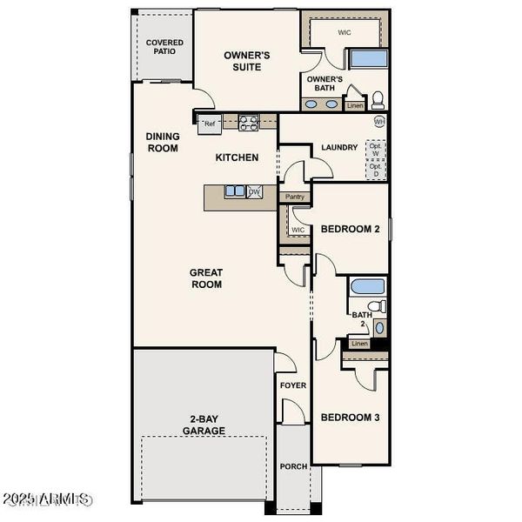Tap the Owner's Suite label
pos(247,61)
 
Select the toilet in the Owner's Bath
pos(378,97)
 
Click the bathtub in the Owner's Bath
pos(368,59)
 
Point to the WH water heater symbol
pos(379,122)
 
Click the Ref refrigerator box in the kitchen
pos(209,124)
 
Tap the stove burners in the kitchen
pos(248,123)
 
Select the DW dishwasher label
pos(254,192)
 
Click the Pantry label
pos(295,197)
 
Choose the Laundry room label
pos(339,148)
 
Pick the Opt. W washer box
pos(375,151)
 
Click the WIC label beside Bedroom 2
pos(298,230)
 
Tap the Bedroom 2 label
pos(351,230)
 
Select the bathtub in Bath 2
pos(365,286)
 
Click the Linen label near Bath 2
pos(359,344)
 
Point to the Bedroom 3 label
pos(351,418)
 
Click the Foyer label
pos(292,385)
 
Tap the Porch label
pos(293,466)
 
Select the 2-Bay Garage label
pos(204,425)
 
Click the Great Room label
pos(206,278)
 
